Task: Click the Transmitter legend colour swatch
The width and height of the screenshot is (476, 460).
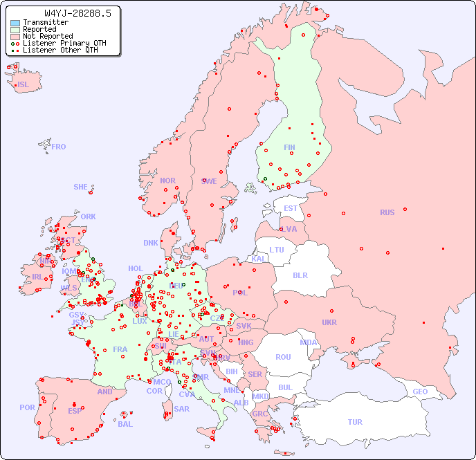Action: [15, 23]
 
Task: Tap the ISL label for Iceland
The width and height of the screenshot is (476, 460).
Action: [24, 85]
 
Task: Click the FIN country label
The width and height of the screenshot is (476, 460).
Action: [289, 147]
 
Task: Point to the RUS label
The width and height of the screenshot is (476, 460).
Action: [387, 212]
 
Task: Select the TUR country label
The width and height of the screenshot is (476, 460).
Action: [355, 422]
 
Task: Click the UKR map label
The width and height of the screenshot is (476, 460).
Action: [329, 322]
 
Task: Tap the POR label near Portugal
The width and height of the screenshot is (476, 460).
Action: [27, 407]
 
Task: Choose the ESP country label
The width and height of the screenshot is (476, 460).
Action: [75, 410]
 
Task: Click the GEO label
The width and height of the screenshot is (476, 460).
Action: [420, 392]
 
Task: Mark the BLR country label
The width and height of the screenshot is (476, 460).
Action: [300, 275]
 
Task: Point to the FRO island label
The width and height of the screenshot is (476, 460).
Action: [59, 147]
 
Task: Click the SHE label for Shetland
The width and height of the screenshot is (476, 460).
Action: [81, 187]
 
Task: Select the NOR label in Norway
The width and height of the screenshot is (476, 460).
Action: [167, 181]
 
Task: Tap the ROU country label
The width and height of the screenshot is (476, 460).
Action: [283, 357]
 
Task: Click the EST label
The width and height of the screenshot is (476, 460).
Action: [291, 208]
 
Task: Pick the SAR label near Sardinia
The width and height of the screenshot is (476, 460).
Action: [181, 409]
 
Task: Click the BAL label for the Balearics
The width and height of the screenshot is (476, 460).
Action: [125, 424]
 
